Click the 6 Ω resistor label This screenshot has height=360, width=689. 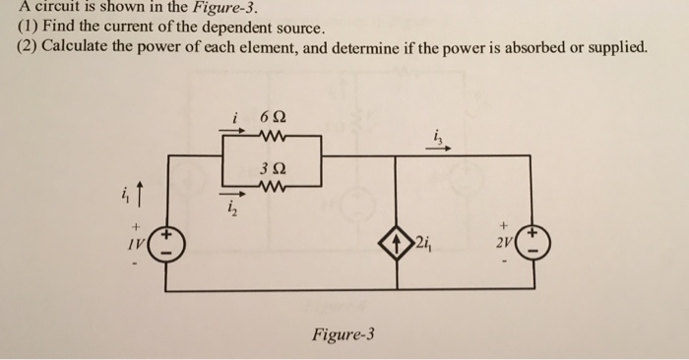pos(272,120)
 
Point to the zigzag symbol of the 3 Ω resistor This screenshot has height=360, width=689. pos(272,183)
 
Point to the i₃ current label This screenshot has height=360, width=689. pos(436,137)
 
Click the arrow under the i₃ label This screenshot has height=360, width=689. pos(438,150)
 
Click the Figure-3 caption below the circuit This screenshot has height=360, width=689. pos(343,333)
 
